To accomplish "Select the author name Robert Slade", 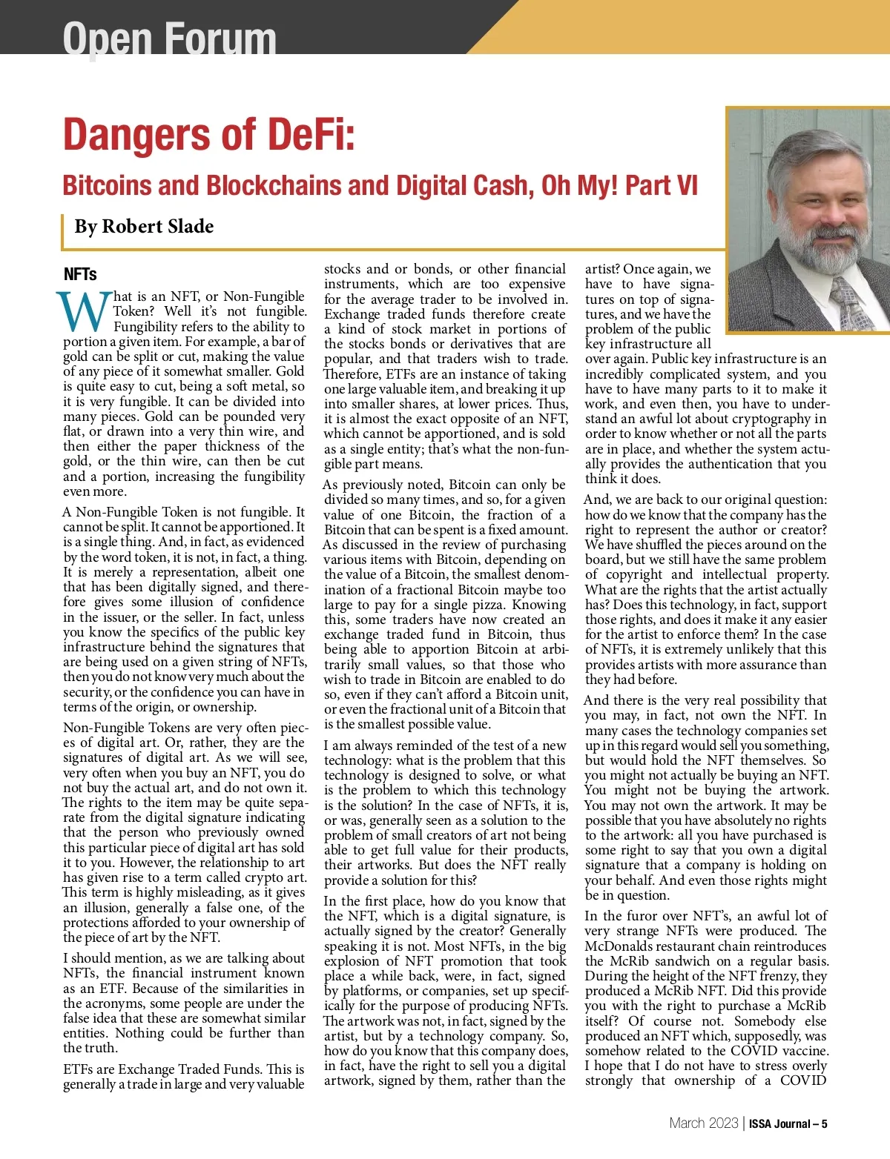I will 157,226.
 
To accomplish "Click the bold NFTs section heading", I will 80,274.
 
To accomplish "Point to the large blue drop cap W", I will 83,313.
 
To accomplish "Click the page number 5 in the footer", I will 824,1123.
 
